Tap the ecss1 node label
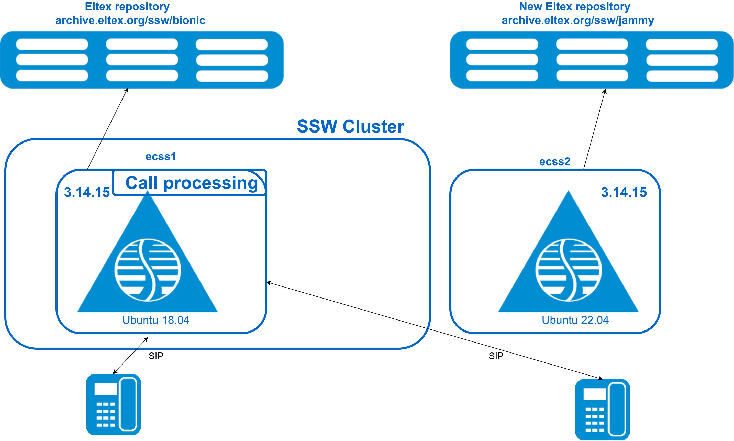[x=161, y=157]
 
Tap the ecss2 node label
[x=554, y=162]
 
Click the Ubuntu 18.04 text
[x=156, y=320]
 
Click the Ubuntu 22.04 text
[x=575, y=320]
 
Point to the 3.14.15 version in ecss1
[x=87, y=192]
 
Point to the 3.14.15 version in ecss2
[x=624, y=192]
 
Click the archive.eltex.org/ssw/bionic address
[x=130, y=20]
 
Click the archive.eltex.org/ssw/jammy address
[x=578, y=20]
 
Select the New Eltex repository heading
[x=574, y=7]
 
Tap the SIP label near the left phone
[x=156, y=356]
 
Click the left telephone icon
[x=113, y=404]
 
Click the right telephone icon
[x=602, y=410]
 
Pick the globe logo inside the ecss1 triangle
[x=148, y=270]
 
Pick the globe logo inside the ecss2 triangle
[x=569, y=270]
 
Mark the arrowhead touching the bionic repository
[x=127, y=90]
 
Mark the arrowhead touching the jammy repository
[x=605, y=91]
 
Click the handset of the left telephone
[x=128, y=404]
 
